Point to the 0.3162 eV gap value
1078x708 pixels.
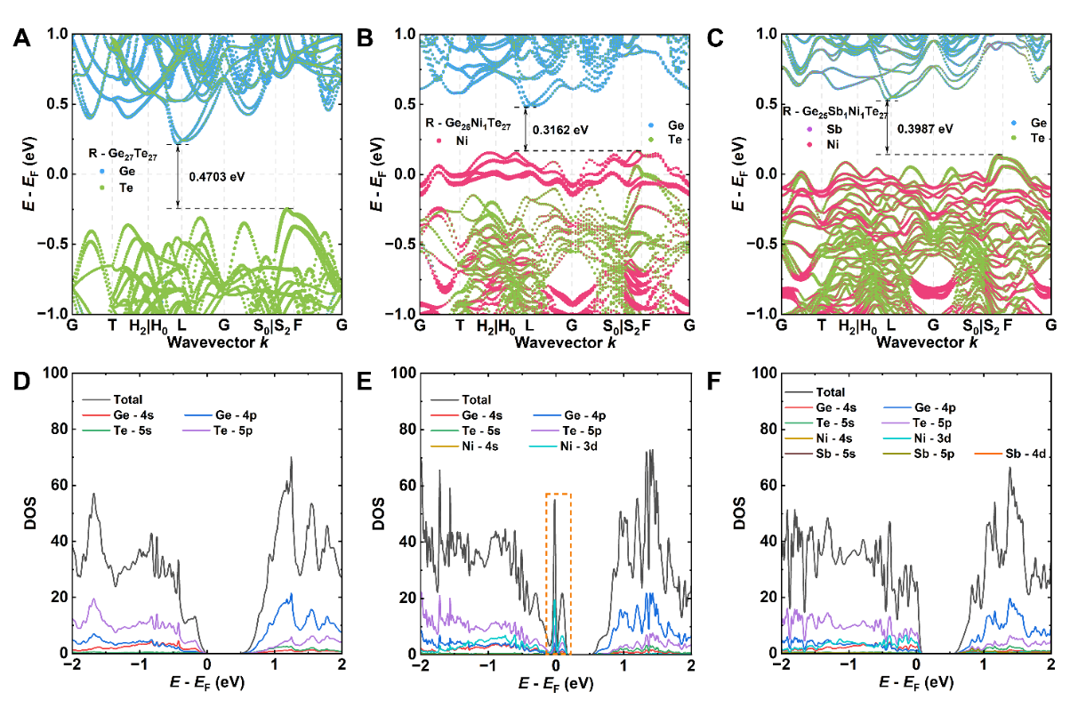560,129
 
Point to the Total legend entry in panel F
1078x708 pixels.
828,391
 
